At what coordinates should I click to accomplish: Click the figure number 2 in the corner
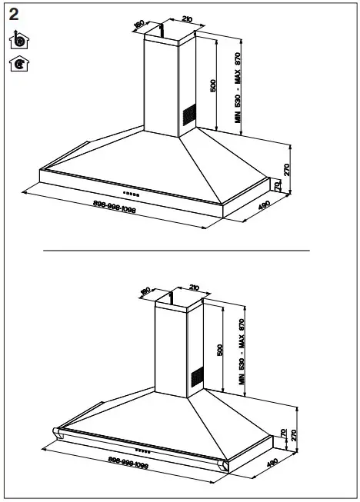(x=13, y=15)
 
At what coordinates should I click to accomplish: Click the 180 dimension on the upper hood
(x=139, y=25)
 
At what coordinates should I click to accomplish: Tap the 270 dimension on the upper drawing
(x=286, y=170)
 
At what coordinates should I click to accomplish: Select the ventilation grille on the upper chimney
(x=188, y=116)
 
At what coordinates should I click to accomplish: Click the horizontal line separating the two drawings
(x=176, y=251)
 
